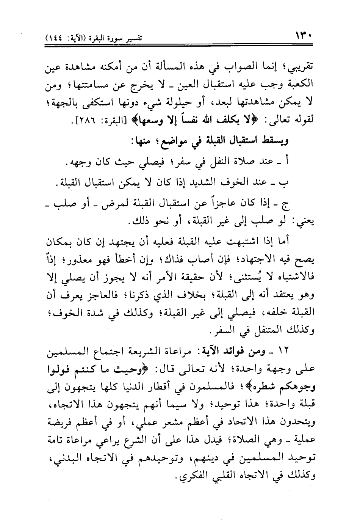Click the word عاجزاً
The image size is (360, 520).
tap(218, 204)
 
